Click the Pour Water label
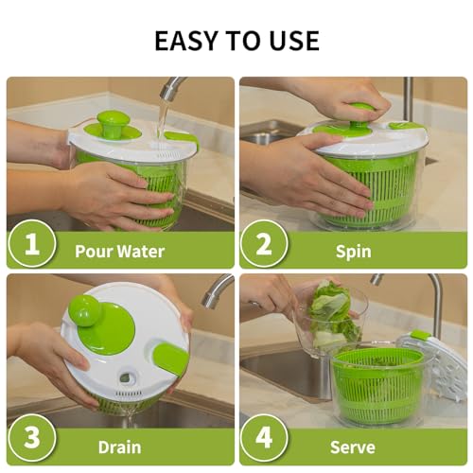tap(120, 252)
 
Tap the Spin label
tap(352, 252)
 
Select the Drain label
tap(119, 447)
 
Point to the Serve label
tap(352, 447)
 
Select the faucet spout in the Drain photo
tap(216, 289)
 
